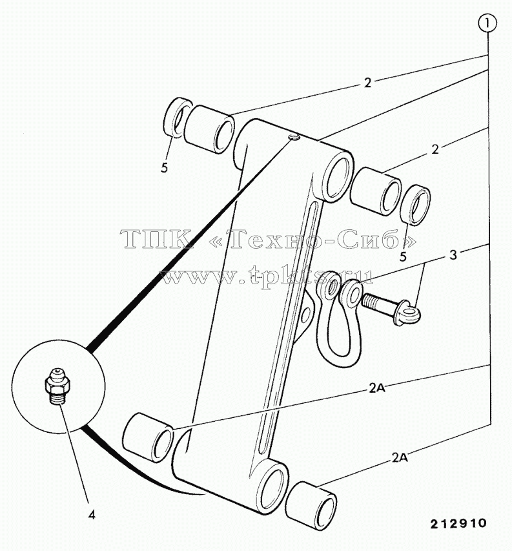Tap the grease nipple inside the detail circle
click(56, 386)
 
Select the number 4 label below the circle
click(91, 515)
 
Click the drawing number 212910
click(458, 523)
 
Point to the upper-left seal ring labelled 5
click(178, 117)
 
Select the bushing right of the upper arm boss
click(375, 191)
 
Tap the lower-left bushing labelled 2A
click(147, 436)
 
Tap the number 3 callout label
click(453, 255)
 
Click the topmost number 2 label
click(367, 83)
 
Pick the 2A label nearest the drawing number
click(399, 458)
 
